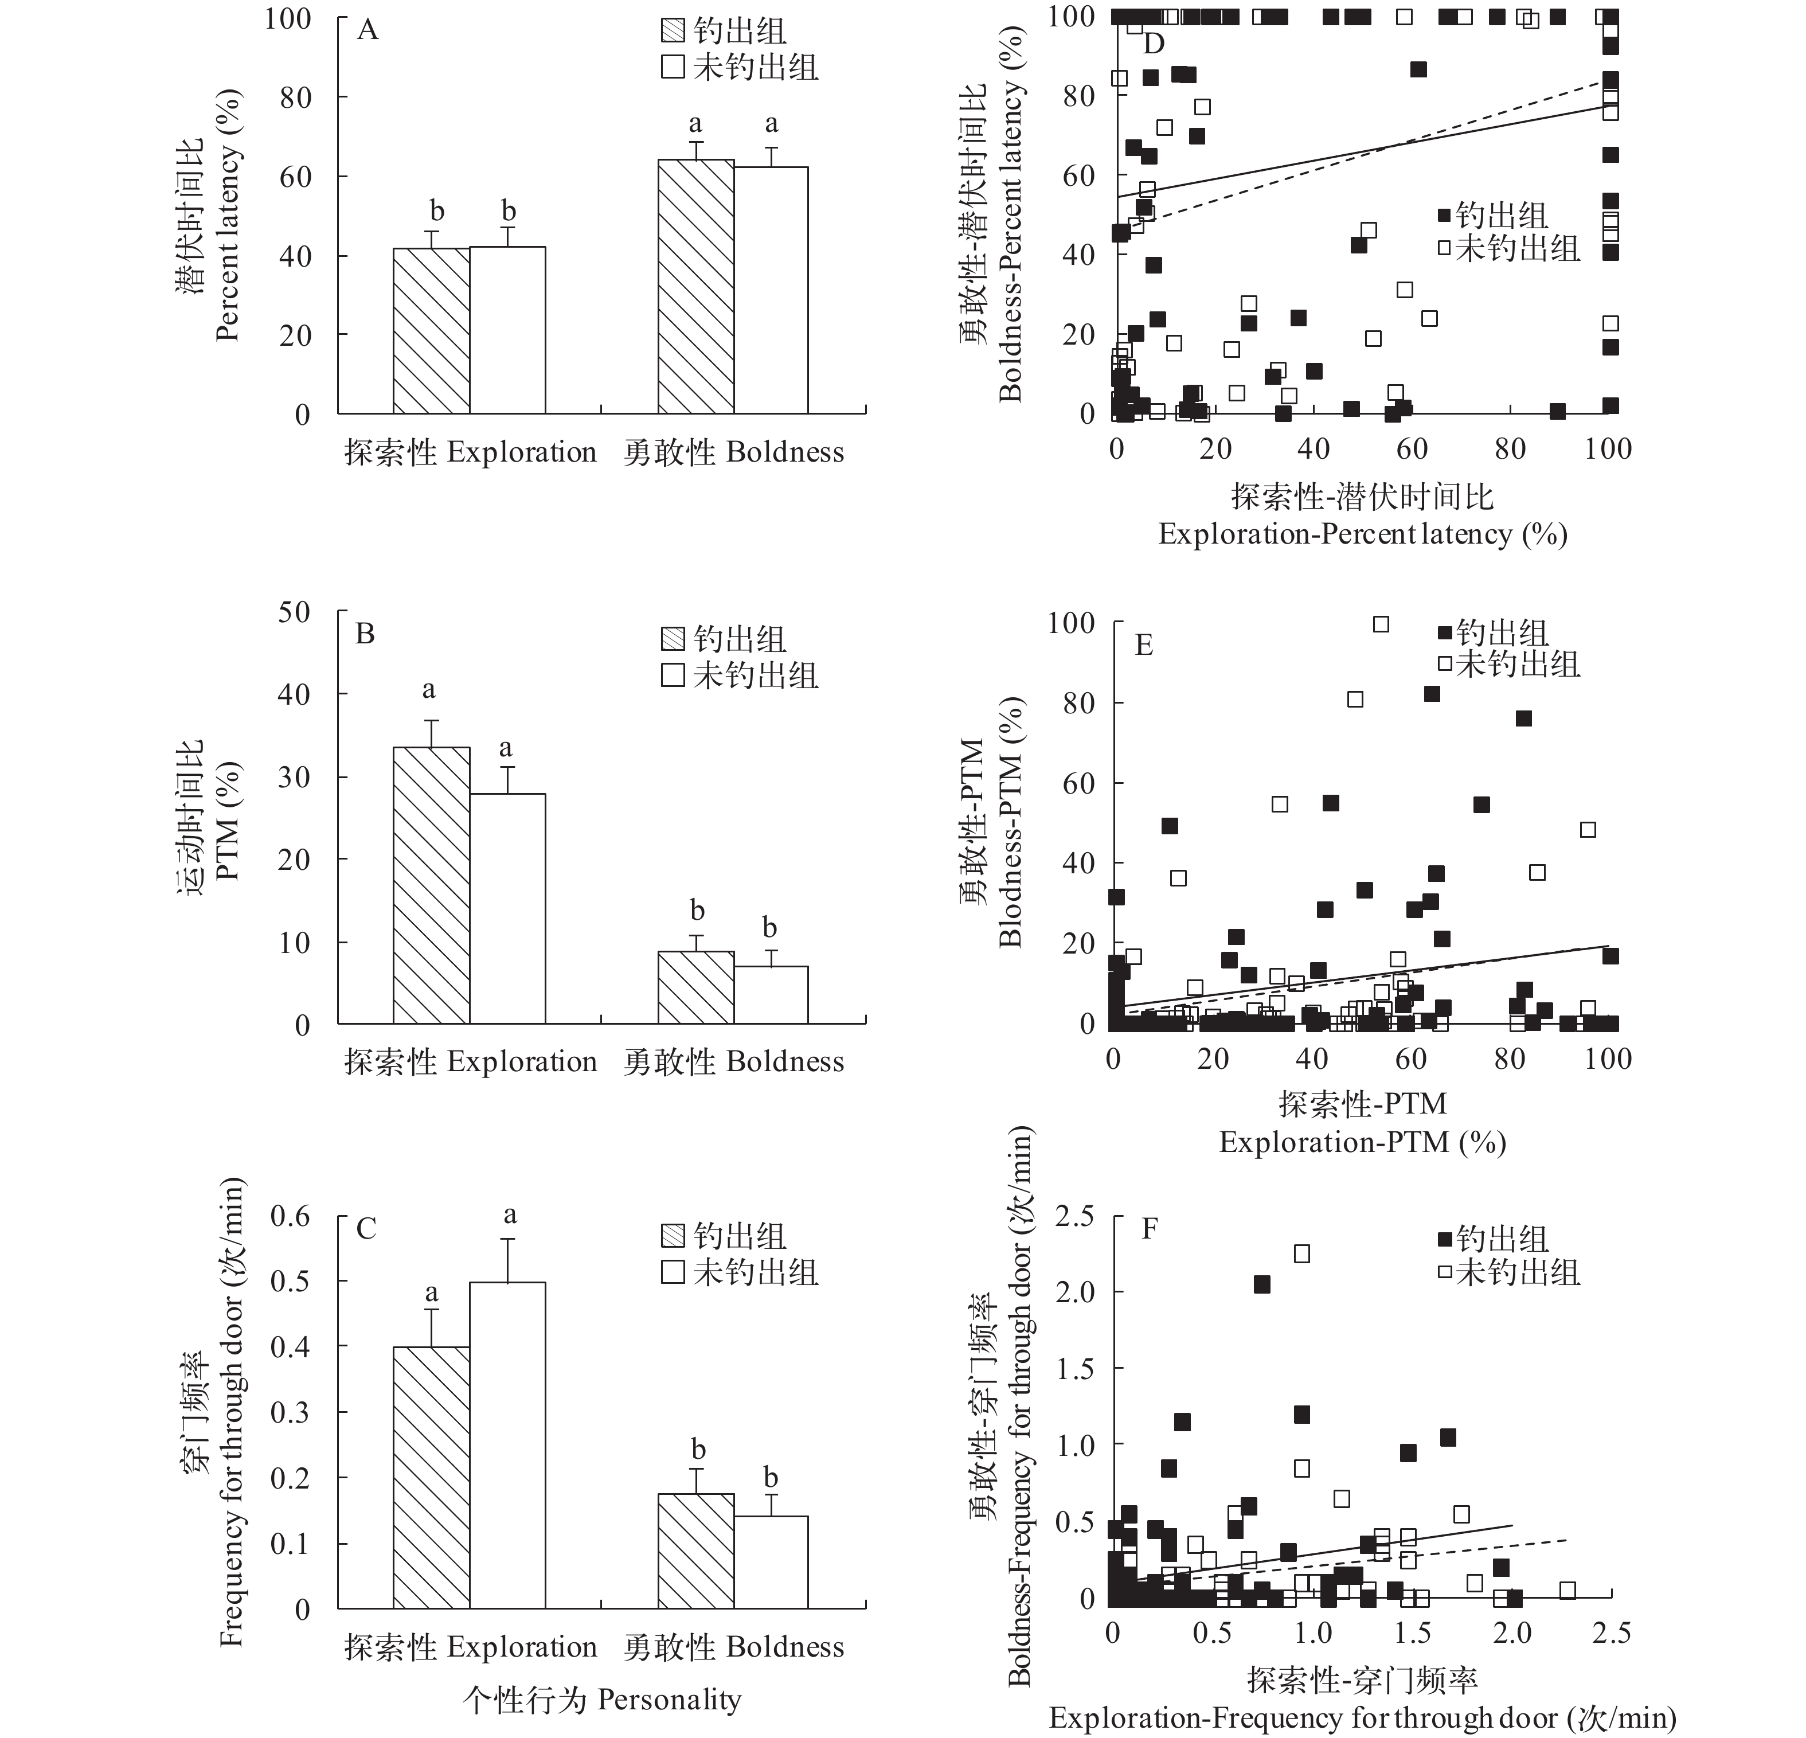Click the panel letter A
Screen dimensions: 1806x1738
(x=368, y=32)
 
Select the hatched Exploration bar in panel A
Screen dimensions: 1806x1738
(x=431, y=331)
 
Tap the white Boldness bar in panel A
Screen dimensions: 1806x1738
(x=771, y=290)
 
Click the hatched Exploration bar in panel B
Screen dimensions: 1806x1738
(x=431, y=885)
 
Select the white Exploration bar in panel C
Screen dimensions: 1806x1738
(x=508, y=1446)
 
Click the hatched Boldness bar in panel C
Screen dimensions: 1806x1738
(x=695, y=1552)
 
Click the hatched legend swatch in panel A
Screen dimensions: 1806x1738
(x=674, y=32)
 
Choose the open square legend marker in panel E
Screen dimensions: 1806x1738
(x=1445, y=663)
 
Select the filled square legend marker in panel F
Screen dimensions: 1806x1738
(x=1445, y=1240)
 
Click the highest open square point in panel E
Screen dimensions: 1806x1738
(x=1381, y=624)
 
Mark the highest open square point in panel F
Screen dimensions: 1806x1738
(x=1302, y=1253)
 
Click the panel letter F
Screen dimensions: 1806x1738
(x=1149, y=1229)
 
